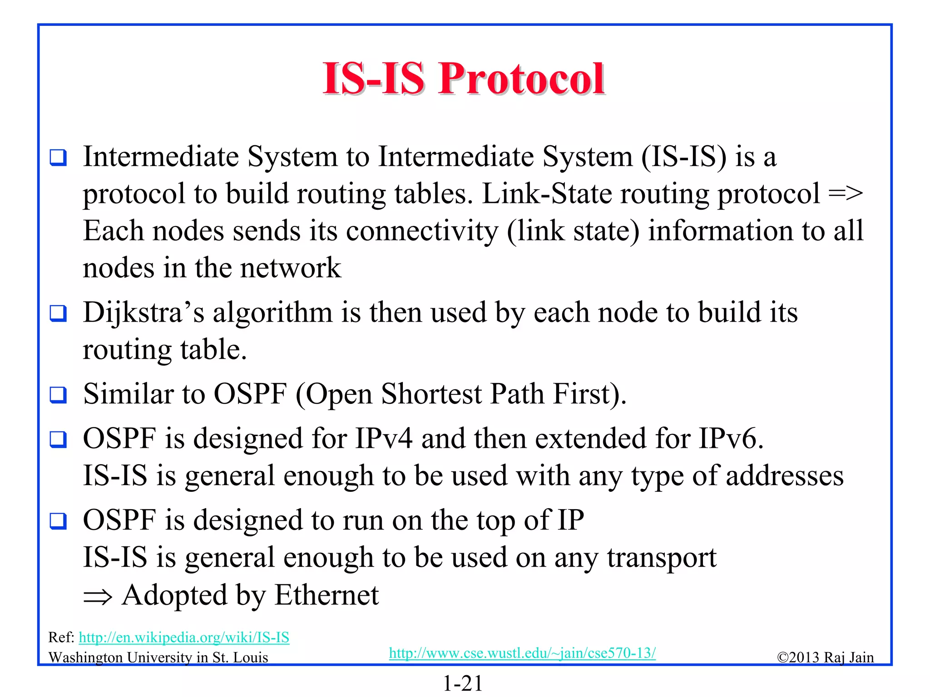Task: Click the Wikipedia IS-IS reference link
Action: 184,638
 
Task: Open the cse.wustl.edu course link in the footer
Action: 522,653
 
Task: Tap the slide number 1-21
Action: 463,683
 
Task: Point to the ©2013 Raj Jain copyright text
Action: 825,657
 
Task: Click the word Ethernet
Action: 326,595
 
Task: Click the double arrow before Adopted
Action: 97,597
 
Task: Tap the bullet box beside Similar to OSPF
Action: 58,395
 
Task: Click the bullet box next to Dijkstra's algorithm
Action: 58,313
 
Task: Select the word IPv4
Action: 384,439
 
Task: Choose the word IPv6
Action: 731,439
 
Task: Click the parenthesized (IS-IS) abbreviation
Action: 684,157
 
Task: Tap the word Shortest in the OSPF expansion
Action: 431,394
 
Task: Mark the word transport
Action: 662,558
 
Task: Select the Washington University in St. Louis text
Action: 158,658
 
